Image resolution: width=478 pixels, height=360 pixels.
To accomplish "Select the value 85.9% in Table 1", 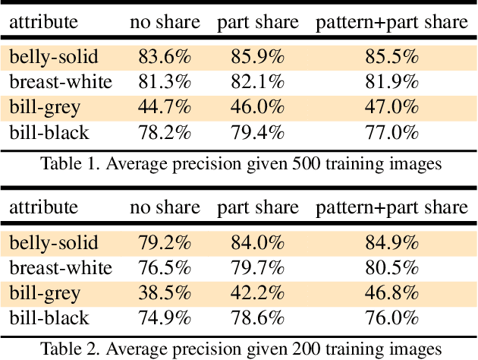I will tap(257, 55).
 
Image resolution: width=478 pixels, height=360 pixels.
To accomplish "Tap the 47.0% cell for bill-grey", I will tap(392, 106).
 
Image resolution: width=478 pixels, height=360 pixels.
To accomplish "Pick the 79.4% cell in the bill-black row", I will tap(257, 133).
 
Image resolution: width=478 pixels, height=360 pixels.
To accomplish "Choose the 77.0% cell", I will tap(392, 133).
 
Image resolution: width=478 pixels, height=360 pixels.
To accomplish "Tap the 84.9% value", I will tap(392, 242).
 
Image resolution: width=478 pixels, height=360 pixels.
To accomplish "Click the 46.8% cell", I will tap(392, 292).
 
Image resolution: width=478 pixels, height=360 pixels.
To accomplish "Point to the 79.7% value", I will tap(257, 267).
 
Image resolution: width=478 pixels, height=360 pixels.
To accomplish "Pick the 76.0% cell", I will tap(392, 318).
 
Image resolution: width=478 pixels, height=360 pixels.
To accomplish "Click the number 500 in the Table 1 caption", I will tap(295, 163).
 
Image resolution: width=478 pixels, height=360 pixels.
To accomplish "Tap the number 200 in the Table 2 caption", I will tap(295, 349).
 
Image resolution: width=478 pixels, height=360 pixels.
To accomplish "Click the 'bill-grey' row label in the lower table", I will tap(45, 292).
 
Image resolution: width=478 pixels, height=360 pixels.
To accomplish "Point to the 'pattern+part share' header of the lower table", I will tap(392, 207).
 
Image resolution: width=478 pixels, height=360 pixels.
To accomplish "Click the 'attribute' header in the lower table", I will tap(43, 207).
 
